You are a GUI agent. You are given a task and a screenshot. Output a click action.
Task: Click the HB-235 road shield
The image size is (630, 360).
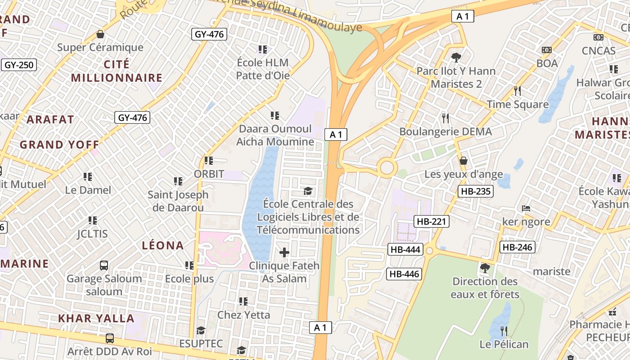(x=476, y=191)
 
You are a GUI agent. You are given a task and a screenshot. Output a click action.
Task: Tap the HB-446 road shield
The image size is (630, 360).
(x=404, y=274)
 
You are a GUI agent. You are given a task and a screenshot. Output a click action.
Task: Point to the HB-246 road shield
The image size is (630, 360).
(x=517, y=247)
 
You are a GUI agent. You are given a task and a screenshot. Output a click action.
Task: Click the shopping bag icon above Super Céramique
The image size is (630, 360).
(x=100, y=34)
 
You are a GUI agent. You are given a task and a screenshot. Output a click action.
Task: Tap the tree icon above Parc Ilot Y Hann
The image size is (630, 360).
(x=456, y=58)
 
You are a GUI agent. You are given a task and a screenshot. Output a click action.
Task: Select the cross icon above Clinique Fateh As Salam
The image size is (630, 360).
(x=284, y=252)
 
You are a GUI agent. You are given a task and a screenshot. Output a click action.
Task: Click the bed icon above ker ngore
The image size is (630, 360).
(x=526, y=208)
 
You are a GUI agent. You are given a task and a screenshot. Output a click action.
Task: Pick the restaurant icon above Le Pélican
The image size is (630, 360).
(x=504, y=331)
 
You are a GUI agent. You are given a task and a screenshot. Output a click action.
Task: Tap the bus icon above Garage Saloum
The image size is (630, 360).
(x=104, y=265)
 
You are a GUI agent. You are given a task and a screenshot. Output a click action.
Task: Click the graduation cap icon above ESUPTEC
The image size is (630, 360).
(x=201, y=330)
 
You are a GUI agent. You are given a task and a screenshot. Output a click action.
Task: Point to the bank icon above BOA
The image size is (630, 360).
(x=547, y=50)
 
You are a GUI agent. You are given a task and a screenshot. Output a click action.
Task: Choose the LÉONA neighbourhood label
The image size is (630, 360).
(x=163, y=245)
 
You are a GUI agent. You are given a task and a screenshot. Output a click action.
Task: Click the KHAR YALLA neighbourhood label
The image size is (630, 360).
(x=96, y=318)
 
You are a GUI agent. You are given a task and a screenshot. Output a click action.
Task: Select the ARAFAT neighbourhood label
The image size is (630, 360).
(x=50, y=119)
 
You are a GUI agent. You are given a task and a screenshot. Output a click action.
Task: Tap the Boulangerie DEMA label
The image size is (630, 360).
(x=445, y=132)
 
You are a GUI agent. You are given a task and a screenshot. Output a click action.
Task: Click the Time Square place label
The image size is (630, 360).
(x=517, y=104)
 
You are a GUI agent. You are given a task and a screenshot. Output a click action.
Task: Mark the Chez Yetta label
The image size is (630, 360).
(x=243, y=315)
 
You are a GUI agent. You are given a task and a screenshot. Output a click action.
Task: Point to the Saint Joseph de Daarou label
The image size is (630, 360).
(x=178, y=201)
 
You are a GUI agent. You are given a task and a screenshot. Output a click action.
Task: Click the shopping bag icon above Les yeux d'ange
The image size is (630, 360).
(x=463, y=161)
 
